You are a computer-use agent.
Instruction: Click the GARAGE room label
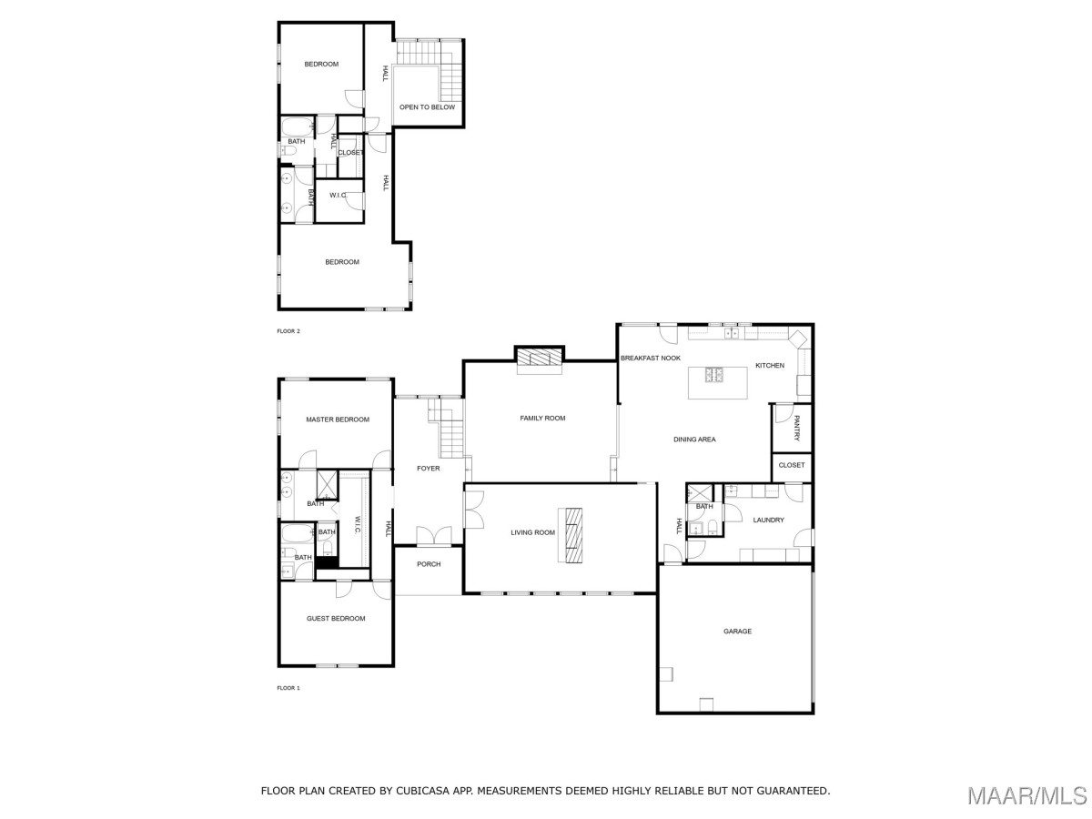[x=737, y=631]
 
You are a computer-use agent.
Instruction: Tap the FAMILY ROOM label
[x=542, y=419]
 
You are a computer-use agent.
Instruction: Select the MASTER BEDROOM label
[x=338, y=420]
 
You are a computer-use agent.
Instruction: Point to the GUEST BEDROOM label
[x=336, y=619]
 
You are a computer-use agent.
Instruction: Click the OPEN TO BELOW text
[x=427, y=106]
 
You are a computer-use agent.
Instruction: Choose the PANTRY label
[x=796, y=428]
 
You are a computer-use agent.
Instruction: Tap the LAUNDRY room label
[x=768, y=521]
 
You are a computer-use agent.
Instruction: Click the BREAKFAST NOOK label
[x=651, y=358]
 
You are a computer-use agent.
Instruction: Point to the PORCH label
[x=429, y=564]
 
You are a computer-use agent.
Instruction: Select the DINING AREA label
[x=694, y=440]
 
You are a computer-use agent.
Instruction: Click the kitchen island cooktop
[x=714, y=374]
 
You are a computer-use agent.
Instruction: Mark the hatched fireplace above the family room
[x=540, y=357]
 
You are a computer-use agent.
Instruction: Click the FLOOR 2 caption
[x=288, y=331]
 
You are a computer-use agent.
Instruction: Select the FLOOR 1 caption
[x=288, y=688]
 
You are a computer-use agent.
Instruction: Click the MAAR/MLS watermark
[x=1027, y=795]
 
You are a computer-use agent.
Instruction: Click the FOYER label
[x=428, y=469]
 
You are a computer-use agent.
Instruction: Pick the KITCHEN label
[x=770, y=366]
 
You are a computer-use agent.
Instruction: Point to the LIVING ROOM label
[x=532, y=532]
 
